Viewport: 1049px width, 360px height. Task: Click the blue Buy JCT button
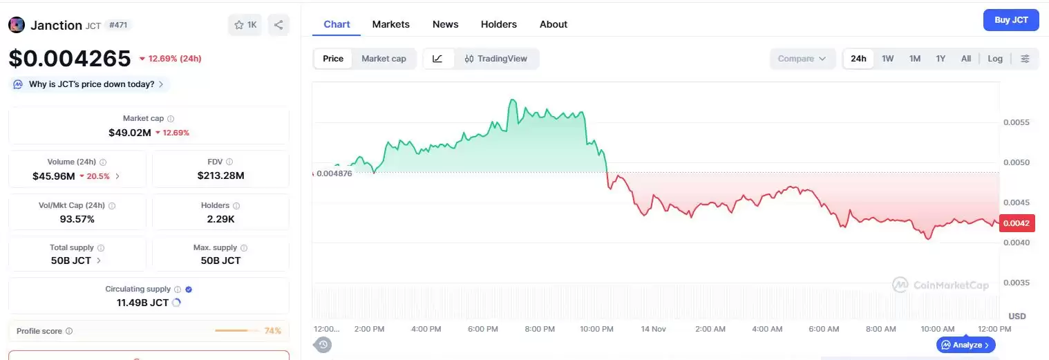tap(1010, 20)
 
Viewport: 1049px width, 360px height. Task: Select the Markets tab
tap(390, 24)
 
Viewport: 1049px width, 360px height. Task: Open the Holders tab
tap(498, 24)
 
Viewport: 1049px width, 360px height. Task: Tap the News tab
tap(445, 24)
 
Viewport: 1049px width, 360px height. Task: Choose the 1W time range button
tap(887, 59)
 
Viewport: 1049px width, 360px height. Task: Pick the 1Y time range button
tap(940, 59)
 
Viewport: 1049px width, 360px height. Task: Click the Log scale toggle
tap(994, 59)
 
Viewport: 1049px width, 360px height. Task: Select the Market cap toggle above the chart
tap(384, 59)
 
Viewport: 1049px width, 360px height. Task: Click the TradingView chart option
tap(495, 59)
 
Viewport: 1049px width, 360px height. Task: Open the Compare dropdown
tap(802, 59)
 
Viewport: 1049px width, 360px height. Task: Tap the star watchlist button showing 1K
tap(245, 25)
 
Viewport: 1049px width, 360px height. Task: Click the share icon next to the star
tap(278, 25)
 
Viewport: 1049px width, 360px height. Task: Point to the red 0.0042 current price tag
tap(1016, 223)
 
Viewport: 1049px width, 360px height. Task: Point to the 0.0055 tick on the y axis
tap(1016, 122)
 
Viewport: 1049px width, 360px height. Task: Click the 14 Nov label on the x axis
tap(652, 329)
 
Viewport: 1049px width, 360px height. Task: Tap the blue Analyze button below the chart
tap(965, 345)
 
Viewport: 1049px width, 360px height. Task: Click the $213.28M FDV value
tap(220, 176)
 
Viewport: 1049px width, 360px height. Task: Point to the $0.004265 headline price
tap(70, 59)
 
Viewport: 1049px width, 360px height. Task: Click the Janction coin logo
tap(17, 25)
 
